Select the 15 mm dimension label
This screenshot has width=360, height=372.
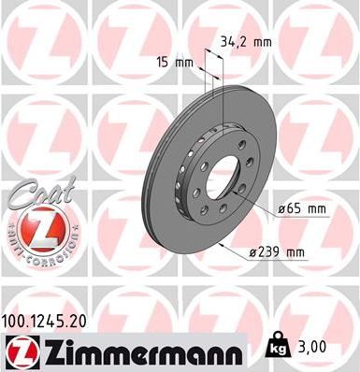point(174,63)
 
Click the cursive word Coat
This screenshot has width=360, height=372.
point(33,193)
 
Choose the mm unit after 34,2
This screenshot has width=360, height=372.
point(266,41)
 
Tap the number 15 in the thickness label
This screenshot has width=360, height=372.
point(162,63)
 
